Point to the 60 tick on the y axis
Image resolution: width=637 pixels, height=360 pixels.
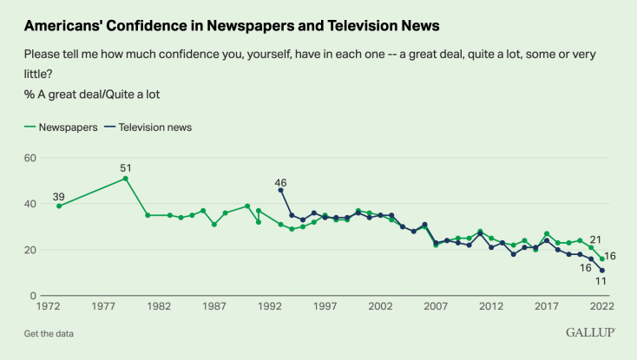pyautogui.click(x=30, y=158)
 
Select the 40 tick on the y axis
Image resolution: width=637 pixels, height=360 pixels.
pyautogui.click(x=30, y=204)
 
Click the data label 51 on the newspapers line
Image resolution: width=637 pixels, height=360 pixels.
pyautogui.click(x=125, y=167)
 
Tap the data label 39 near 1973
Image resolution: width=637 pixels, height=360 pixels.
pyautogui.click(x=59, y=195)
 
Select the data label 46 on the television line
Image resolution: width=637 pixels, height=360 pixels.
pyautogui.click(x=280, y=182)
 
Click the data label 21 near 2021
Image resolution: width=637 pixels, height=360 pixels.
pyautogui.click(x=596, y=239)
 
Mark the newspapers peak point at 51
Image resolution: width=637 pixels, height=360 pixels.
pyautogui.click(x=126, y=179)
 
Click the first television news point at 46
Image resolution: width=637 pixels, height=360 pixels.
pyautogui.click(x=280, y=190)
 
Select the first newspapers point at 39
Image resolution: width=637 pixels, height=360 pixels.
pyautogui.click(x=59, y=206)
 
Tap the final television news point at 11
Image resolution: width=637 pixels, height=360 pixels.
pyautogui.click(x=602, y=271)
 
